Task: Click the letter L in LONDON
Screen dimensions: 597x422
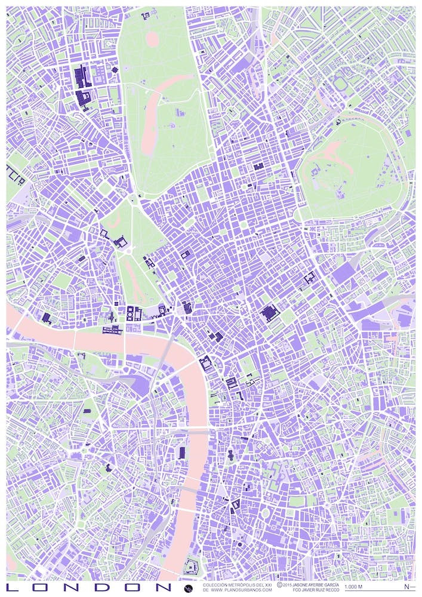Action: click(x=11, y=588)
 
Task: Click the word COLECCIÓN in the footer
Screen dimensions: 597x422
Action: click(x=215, y=584)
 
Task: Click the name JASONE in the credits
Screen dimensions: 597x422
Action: click(x=304, y=584)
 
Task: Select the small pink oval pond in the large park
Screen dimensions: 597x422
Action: click(x=152, y=39)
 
